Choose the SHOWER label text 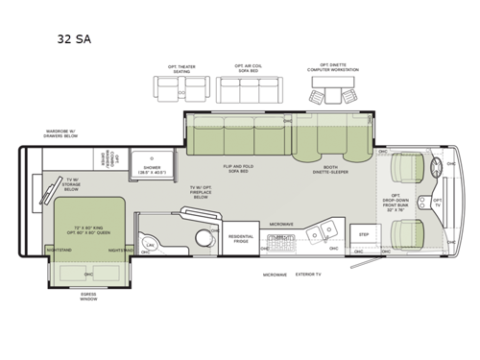coord(153,171)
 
